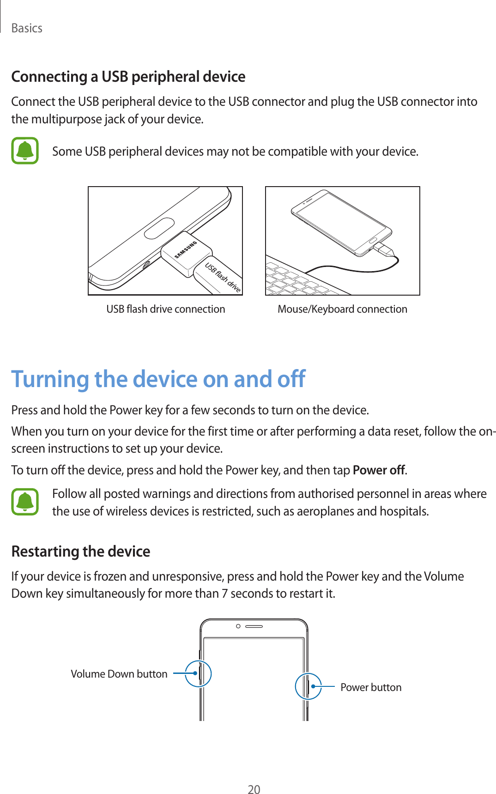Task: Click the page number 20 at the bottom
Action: click(254, 789)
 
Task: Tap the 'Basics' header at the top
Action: click(27, 28)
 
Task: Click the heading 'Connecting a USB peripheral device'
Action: click(128, 77)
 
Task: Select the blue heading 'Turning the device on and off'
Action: click(158, 379)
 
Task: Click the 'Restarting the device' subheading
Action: click(81, 552)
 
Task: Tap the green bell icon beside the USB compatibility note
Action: click(25, 151)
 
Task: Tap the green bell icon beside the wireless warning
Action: click(25, 502)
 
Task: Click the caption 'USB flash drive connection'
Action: click(166, 309)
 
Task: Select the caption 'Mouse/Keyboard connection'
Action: click(342, 309)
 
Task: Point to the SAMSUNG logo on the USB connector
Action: click(186, 250)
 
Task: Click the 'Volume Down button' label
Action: click(119, 674)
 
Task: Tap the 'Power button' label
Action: click(371, 687)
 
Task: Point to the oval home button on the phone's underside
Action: click(159, 228)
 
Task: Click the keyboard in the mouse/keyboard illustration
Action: click(302, 280)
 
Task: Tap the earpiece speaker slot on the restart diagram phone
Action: click(254, 626)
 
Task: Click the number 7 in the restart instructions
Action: click(224, 594)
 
